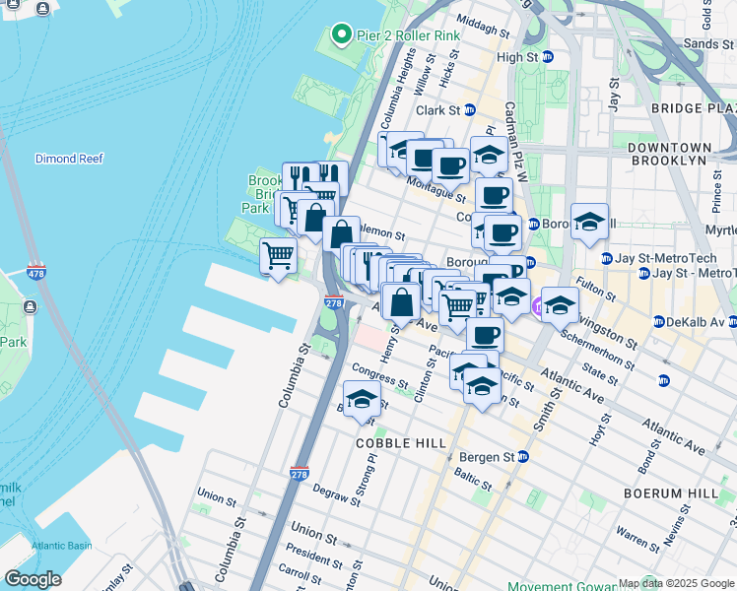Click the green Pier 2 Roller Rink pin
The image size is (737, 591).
coord(342,35)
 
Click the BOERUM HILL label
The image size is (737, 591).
coord(679,492)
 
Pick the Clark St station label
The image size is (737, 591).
coord(438,110)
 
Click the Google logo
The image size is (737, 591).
coord(33,579)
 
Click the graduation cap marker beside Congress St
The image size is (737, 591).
coord(363,400)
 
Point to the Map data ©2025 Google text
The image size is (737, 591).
coord(676,583)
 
